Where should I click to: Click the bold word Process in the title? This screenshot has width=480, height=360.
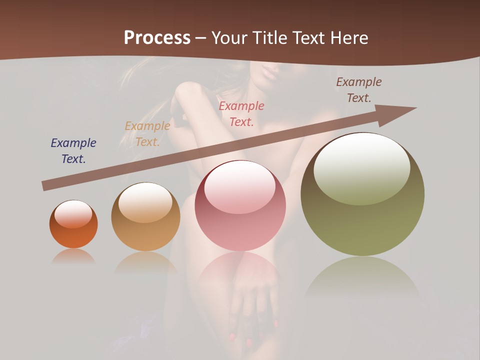(x=157, y=38)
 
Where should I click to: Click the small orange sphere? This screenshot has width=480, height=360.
(x=73, y=224)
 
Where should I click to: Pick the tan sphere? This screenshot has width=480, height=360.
(x=145, y=216)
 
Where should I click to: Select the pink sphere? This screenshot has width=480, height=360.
(x=240, y=205)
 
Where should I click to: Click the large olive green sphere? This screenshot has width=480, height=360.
(x=362, y=194)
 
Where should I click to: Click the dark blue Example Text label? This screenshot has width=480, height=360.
(x=73, y=151)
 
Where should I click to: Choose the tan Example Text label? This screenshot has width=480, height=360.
(x=147, y=134)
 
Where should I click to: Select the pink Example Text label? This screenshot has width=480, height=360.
(x=241, y=113)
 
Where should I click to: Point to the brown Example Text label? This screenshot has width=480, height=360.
(x=359, y=90)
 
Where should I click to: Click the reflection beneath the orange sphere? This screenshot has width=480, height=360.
(x=73, y=256)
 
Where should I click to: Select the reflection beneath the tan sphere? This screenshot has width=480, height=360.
(x=145, y=262)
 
